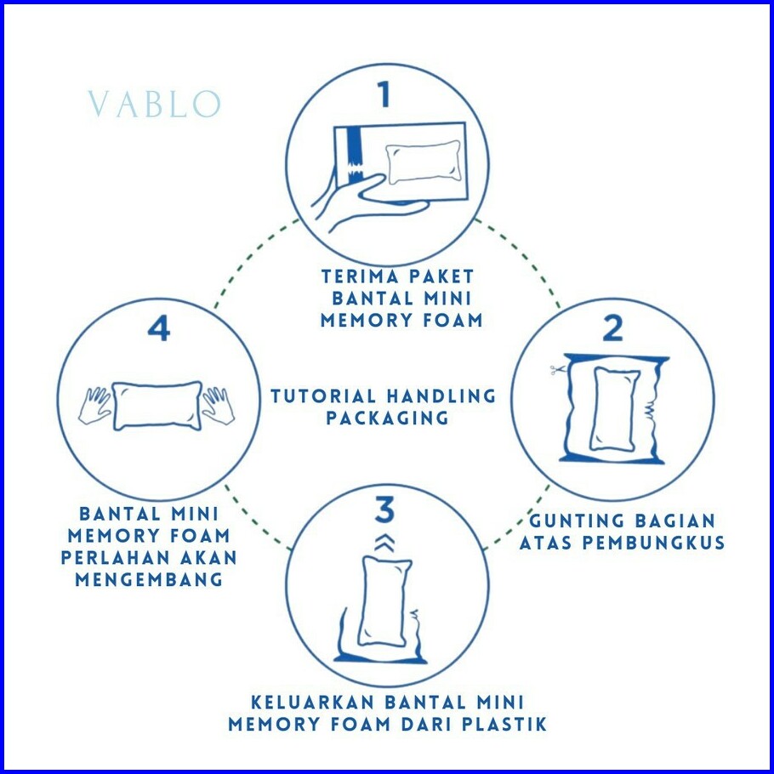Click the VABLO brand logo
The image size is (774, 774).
(x=154, y=104)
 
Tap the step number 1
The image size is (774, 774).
(x=384, y=94)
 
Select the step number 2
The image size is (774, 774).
(x=612, y=328)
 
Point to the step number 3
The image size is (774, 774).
(x=385, y=509)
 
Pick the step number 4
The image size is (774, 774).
(x=159, y=328)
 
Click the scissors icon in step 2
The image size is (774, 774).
(x=557, y=370)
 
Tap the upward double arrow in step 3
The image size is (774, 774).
(x=384, y=542)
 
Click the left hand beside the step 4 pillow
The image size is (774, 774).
(x=94, y=406)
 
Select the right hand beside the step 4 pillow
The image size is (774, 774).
(x=218, y=406)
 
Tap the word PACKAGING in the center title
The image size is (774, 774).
(x=388, y=418)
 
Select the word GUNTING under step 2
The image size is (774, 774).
(x=577, y=521)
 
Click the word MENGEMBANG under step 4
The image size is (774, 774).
(x=149, y=579)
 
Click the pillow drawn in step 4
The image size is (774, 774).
(x=157, y=406)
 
